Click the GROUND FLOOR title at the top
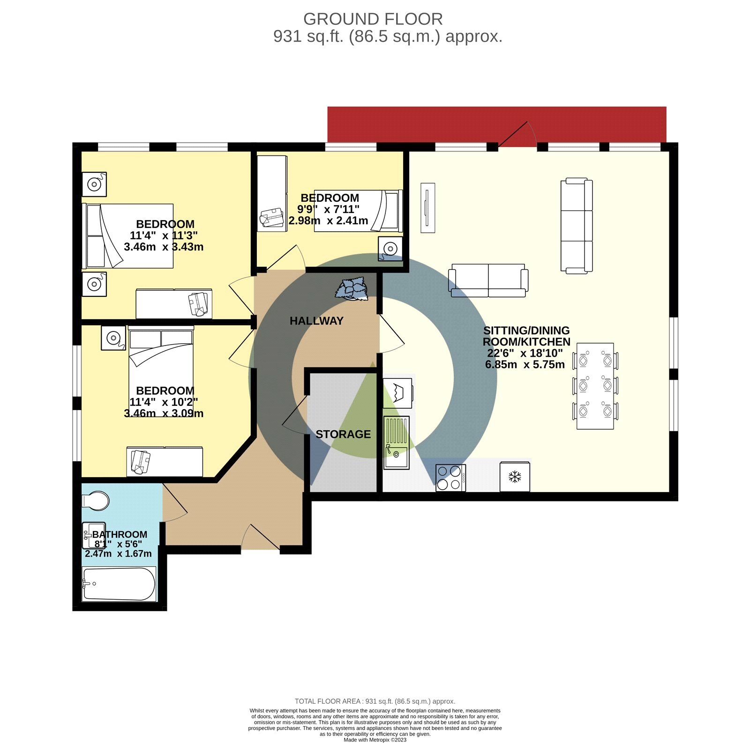click(x=373, y=19)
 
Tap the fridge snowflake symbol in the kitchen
click(x=515, y=477)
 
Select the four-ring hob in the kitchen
click(x=450, y=478)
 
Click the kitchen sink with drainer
click(x=396, y=442)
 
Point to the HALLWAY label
click(x=316, y=321)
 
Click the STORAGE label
click(x=343, y=434)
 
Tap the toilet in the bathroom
click(x=96, y=501)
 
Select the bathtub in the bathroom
click(x=119, y=584)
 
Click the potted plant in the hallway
click(x=352, y=288)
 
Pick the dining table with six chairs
click(x=595, y=386)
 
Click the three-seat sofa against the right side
click(x=577, y=226)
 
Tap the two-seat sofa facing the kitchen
click(x=488, y=280)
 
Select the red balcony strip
click(x=497, y=124)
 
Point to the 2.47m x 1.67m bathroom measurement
click(x=118, y=554)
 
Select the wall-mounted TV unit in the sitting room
click(x=427, y=208)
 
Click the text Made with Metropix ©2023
click(x=375, y=740)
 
